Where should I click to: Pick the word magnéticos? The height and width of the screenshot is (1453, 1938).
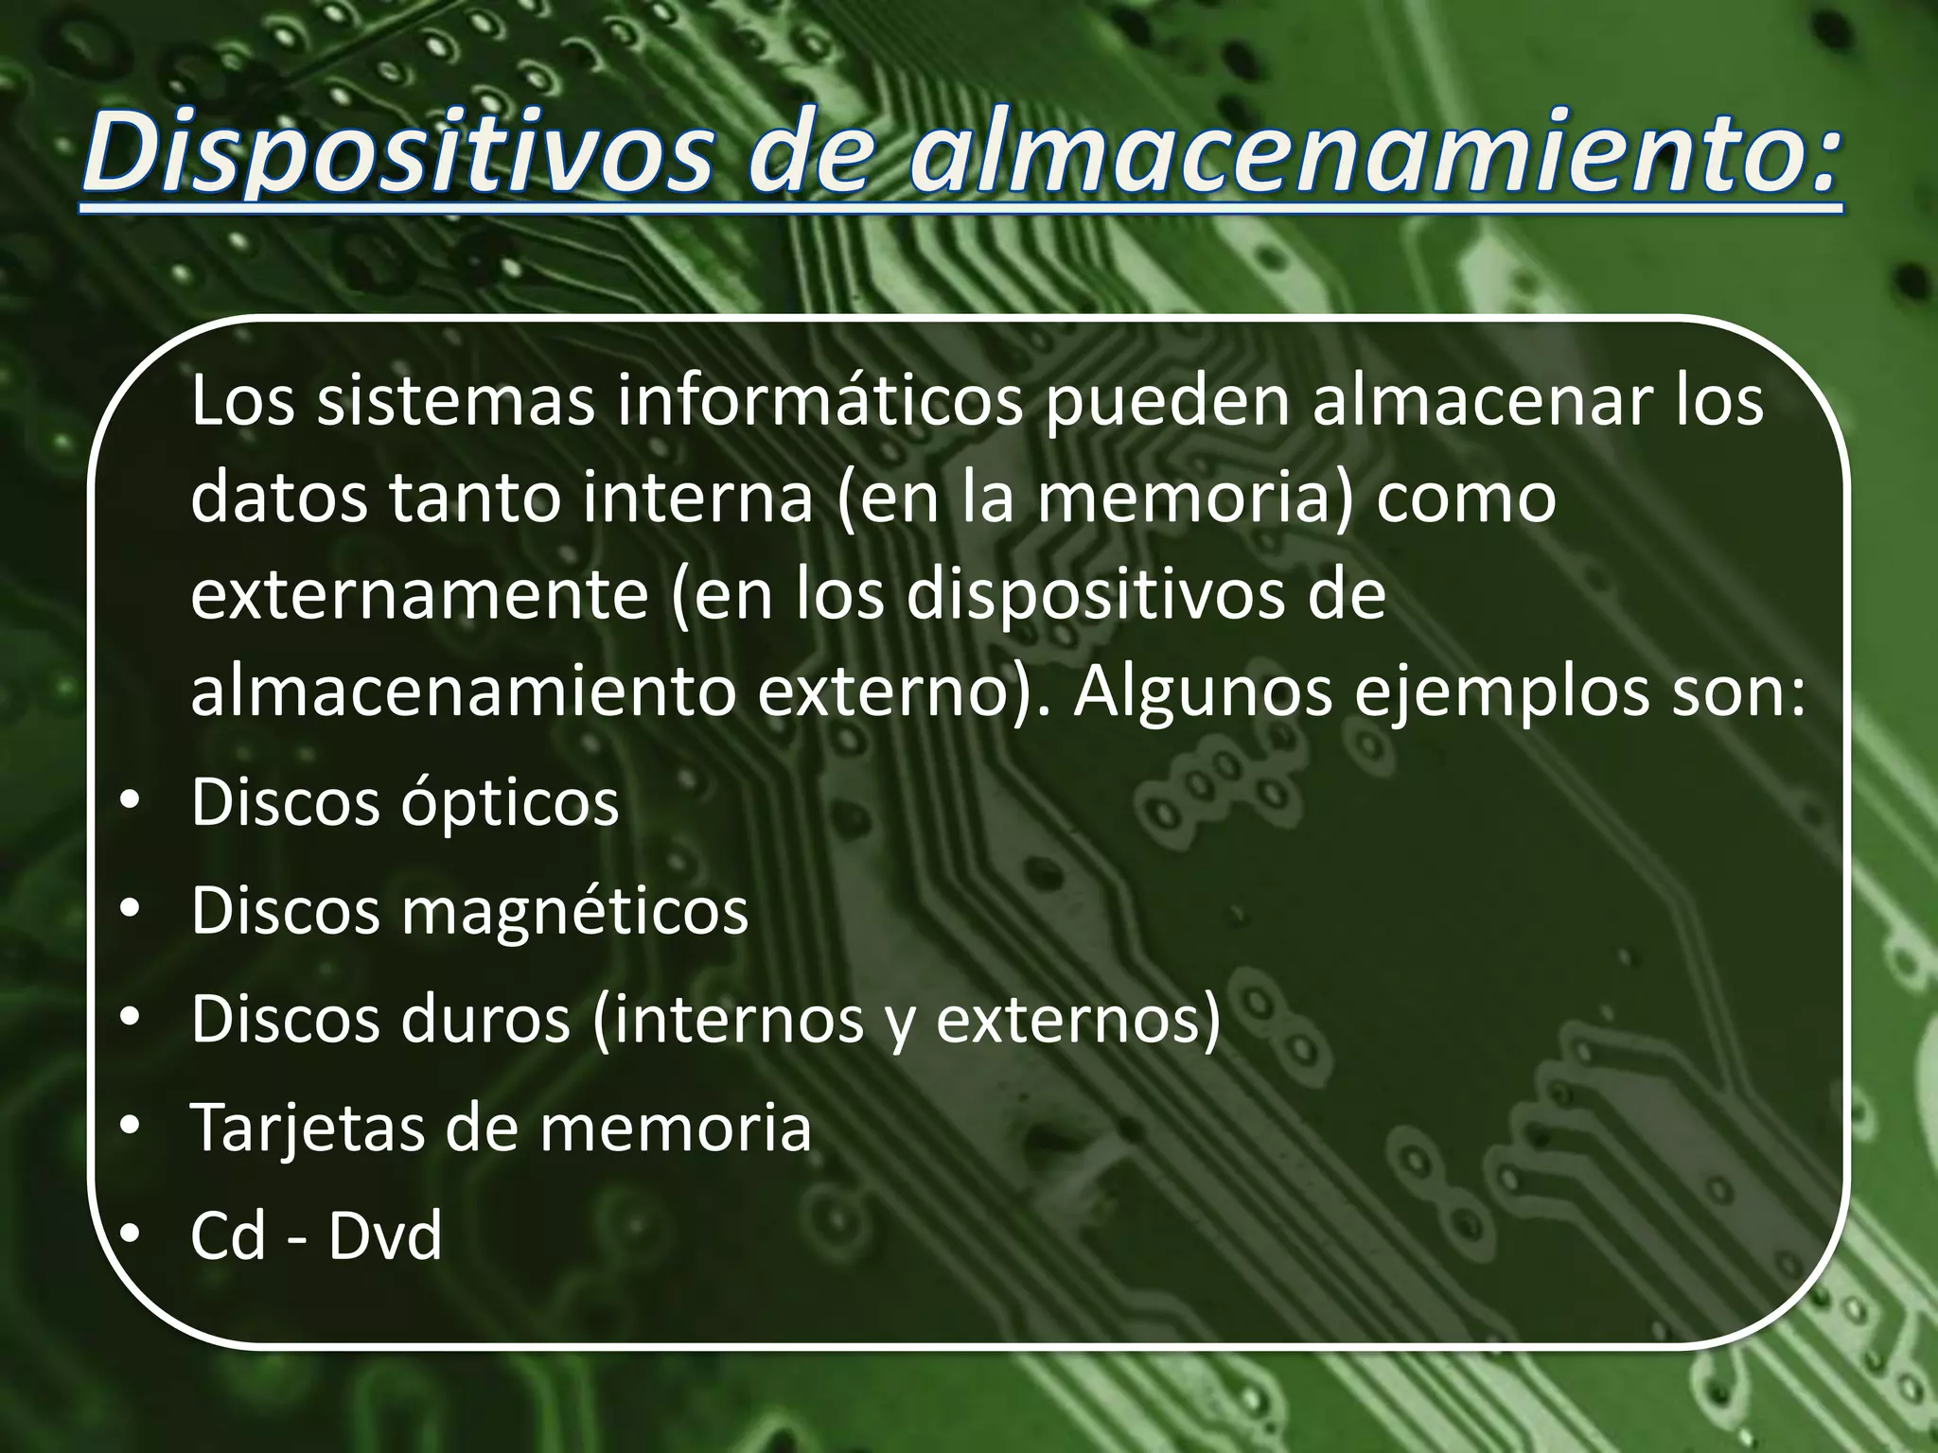click(x=574, y=913)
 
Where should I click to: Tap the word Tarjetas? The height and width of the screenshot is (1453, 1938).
click(x=308, y=1128)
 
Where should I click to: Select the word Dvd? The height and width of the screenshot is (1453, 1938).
click(x=385, y=1235)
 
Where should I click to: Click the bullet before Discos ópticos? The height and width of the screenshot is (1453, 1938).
click(x=130, y=804)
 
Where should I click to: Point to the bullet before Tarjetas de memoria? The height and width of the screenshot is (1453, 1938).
click(x=130, y=1128)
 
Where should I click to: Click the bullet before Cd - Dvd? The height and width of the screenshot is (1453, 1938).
click(x=130, y=1235)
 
